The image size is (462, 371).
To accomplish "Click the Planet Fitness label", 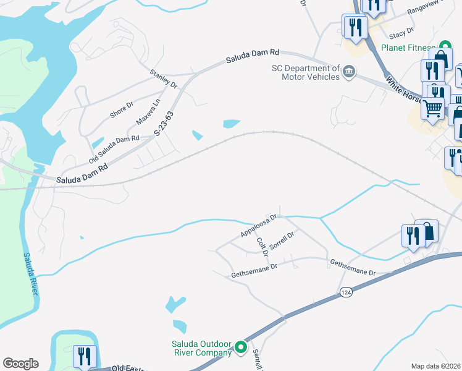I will (x=409, y=48).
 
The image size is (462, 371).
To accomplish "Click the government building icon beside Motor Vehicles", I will (x=349, y=72).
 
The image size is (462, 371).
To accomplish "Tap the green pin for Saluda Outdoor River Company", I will (x=241, y=349).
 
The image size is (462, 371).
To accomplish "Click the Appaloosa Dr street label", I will (x=258, y=227).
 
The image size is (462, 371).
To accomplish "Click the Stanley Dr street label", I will (x=163, y=79).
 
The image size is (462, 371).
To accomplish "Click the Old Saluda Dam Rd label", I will (x=114, y=149).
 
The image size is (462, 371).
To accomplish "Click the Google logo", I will (x=20, y=364).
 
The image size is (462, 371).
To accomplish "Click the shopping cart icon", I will (x=432, y=108).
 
